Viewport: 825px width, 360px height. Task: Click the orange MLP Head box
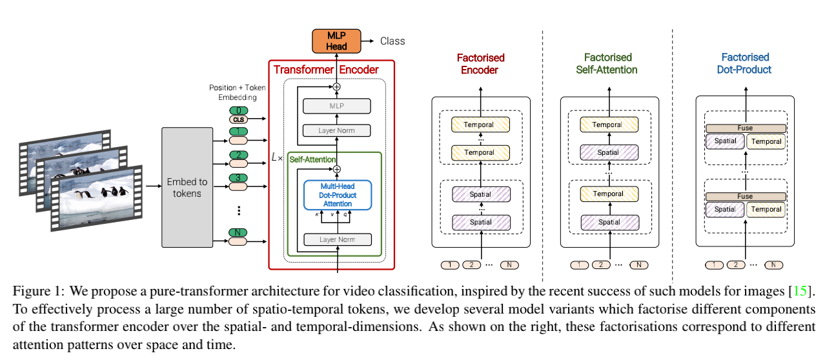336,40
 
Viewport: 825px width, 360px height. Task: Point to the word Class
392,41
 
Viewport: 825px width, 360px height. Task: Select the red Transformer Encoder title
326,69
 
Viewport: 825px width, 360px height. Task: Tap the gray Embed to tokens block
187,186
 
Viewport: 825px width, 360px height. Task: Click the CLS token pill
238,119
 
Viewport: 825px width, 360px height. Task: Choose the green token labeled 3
238,177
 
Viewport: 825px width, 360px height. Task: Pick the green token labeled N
238,232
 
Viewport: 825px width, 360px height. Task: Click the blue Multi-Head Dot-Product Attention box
338,195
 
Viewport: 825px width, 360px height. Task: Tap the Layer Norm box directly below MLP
337,130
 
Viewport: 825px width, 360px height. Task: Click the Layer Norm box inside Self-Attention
338,239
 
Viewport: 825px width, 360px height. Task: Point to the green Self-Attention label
313,159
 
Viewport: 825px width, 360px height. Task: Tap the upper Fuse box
745,128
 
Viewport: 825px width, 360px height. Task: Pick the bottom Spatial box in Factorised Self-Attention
609,222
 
